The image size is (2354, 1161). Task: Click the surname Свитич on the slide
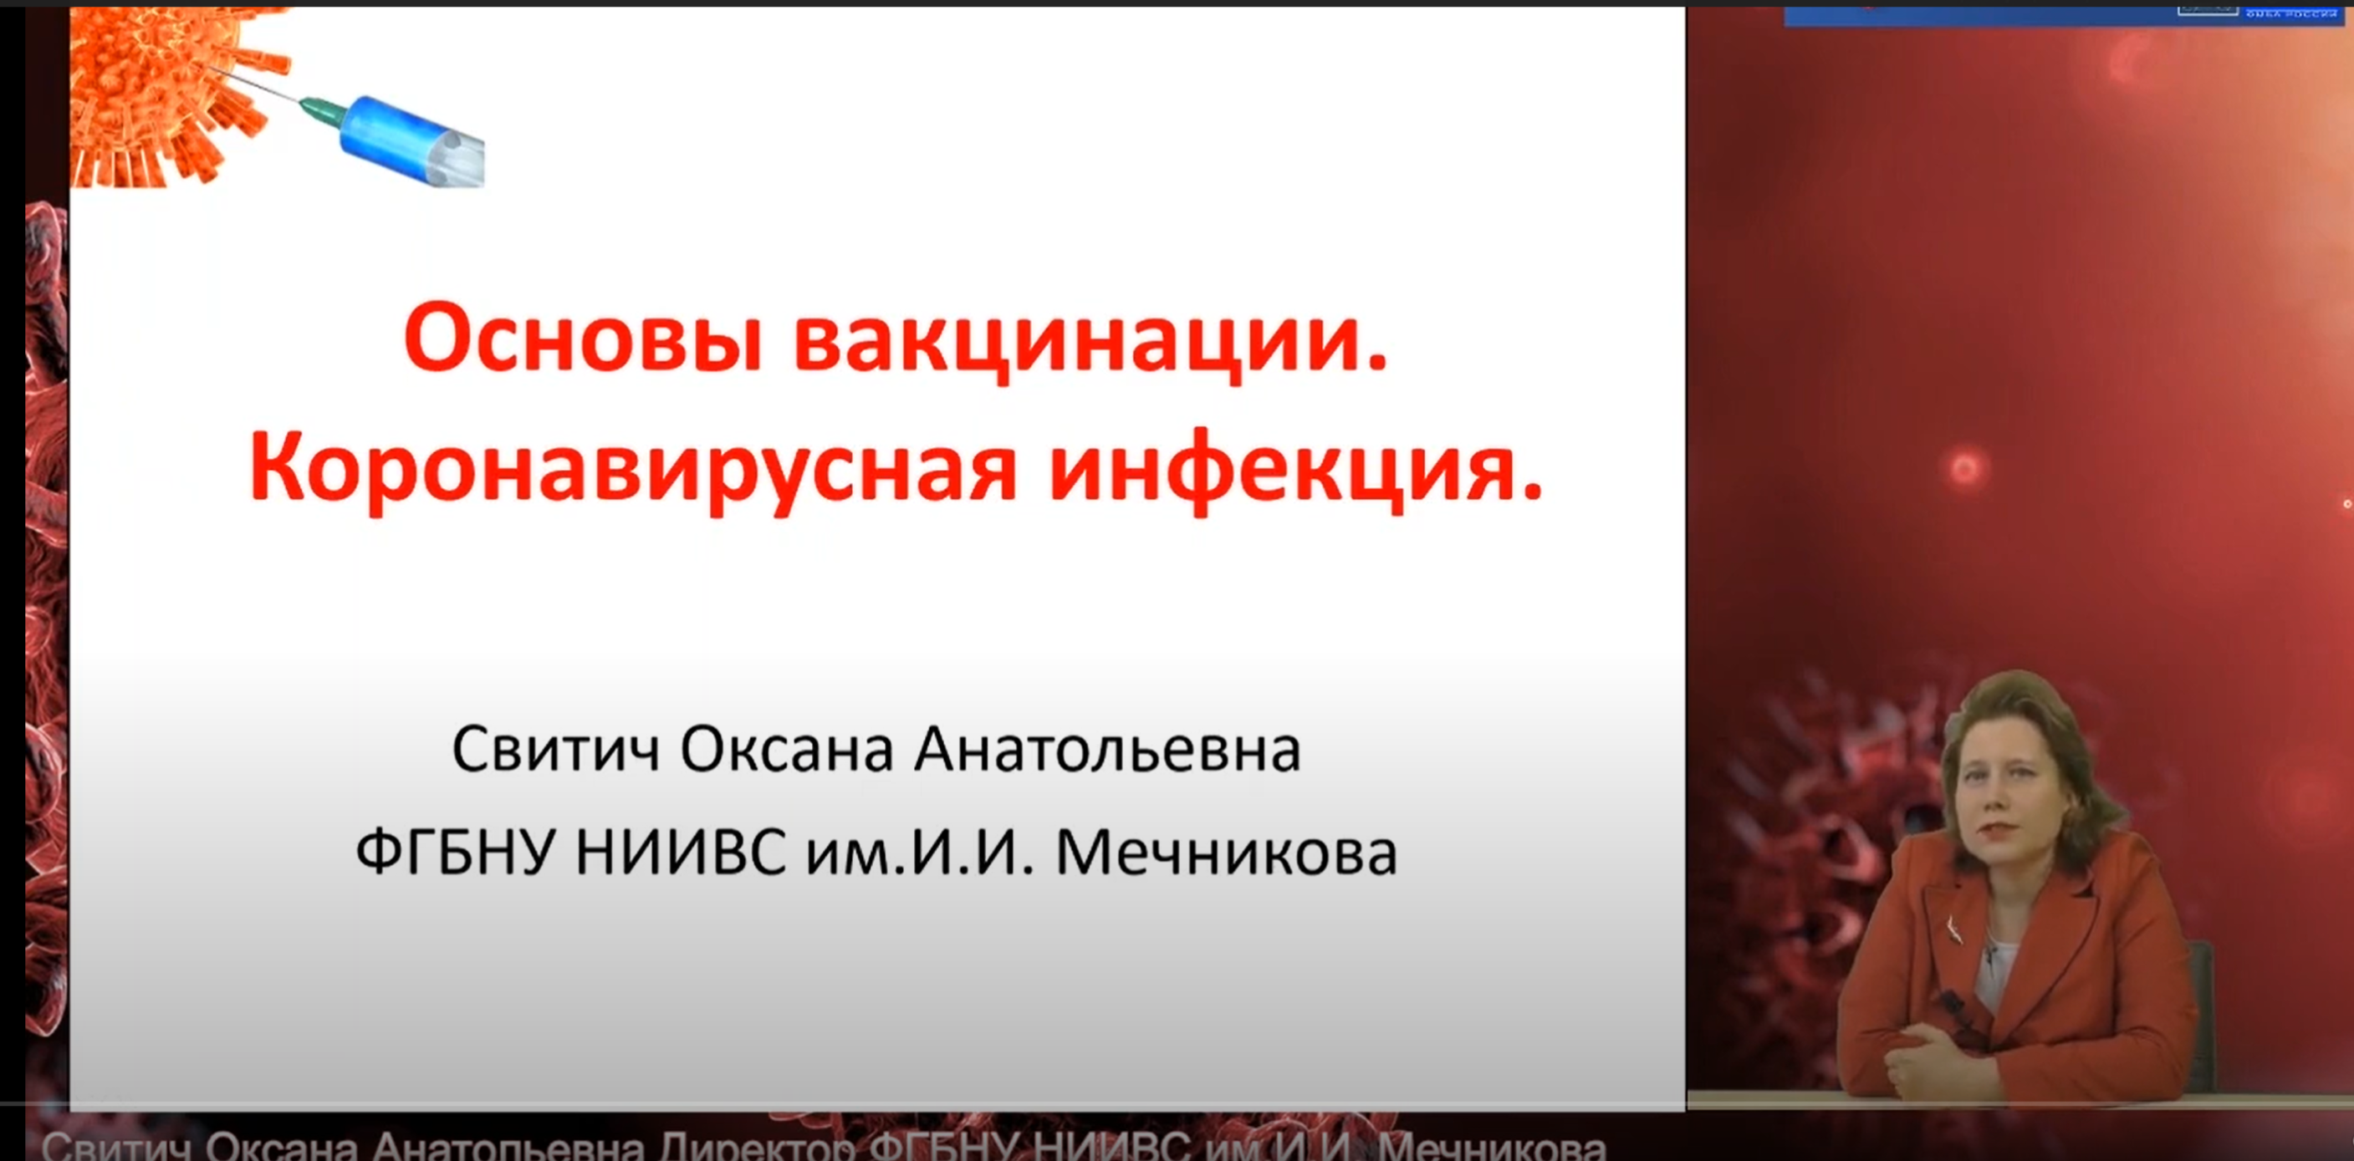tap(555, 751)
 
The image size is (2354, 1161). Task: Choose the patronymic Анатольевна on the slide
tap(1106, 751)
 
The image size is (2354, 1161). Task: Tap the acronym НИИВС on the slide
tap(680, 853)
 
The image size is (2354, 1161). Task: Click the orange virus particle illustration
tap(156, 91)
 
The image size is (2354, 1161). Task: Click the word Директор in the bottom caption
tap(758, 1148)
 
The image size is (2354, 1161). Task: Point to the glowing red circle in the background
tap(1964, 469)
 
